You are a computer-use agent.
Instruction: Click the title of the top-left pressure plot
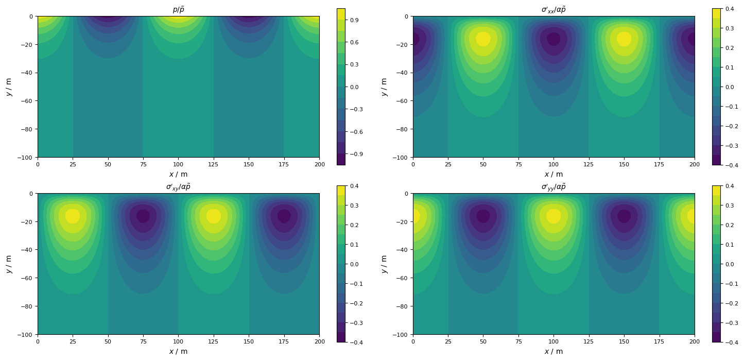[178, 9]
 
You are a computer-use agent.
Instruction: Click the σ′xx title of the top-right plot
[553, 9]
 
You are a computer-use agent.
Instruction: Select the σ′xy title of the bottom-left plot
[178, 186]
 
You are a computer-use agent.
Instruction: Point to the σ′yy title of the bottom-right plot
[553, 186]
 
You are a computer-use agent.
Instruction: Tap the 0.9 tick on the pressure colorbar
[355, 20]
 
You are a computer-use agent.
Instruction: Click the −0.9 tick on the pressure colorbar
[355, 154]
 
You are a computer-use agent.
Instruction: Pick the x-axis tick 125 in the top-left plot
[214, 164]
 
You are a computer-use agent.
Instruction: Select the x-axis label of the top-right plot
[553, 174]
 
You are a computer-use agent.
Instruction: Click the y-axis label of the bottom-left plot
[9, 264]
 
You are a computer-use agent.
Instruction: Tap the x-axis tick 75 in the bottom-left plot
[143, 341]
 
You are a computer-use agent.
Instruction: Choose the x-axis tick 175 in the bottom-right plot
[660, 341]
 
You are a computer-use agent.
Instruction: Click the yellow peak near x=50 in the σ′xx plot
[483, 39]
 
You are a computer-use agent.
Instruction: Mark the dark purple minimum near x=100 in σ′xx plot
[553, 39]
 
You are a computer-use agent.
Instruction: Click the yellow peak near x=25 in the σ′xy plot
[73, 216]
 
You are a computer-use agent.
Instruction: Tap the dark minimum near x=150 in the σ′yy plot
[624, 216]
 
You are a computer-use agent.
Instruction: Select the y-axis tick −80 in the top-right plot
[401, 129]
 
